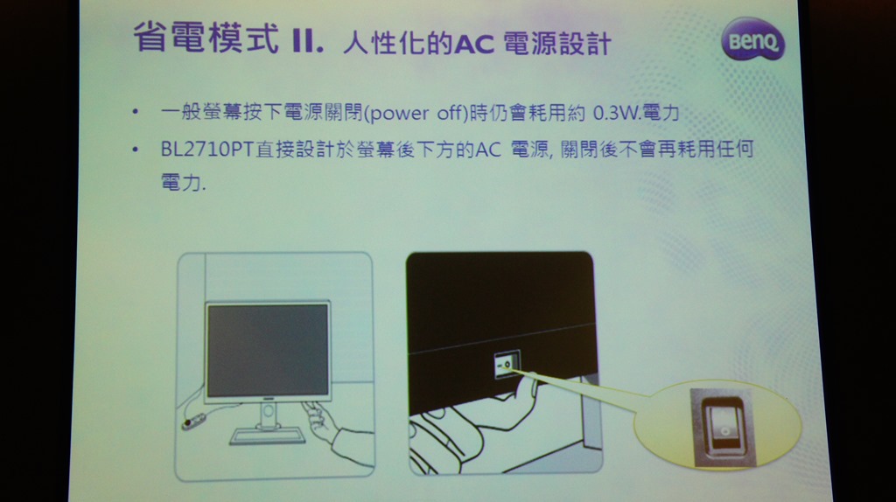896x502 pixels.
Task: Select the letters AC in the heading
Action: pos(473,44)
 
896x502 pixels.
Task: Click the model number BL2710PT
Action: pos(207,150)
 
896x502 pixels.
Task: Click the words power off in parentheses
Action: pos(416,113)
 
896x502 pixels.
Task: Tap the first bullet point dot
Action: pos(135,112)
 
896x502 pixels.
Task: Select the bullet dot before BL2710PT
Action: pos(135,150)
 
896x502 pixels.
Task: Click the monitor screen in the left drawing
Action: pos(268,350)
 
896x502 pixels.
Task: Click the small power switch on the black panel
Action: pos(507,364)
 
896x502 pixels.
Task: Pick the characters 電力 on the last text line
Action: pos(180,183)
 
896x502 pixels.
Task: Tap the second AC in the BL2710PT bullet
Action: pos(488,150)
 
